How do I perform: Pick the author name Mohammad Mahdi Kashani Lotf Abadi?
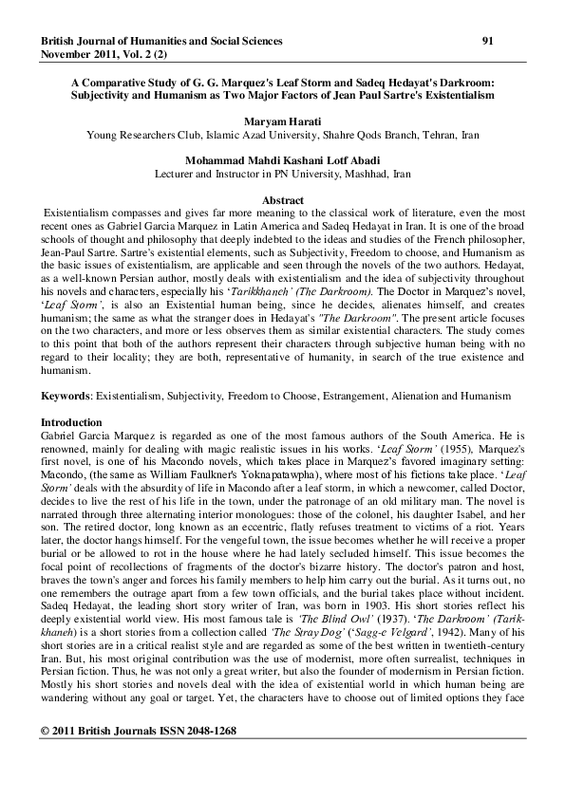coord(282,162)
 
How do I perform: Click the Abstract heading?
coord(282,200)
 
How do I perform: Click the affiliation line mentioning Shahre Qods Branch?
coord(282,136)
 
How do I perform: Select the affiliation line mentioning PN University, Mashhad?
coord(282,175)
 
